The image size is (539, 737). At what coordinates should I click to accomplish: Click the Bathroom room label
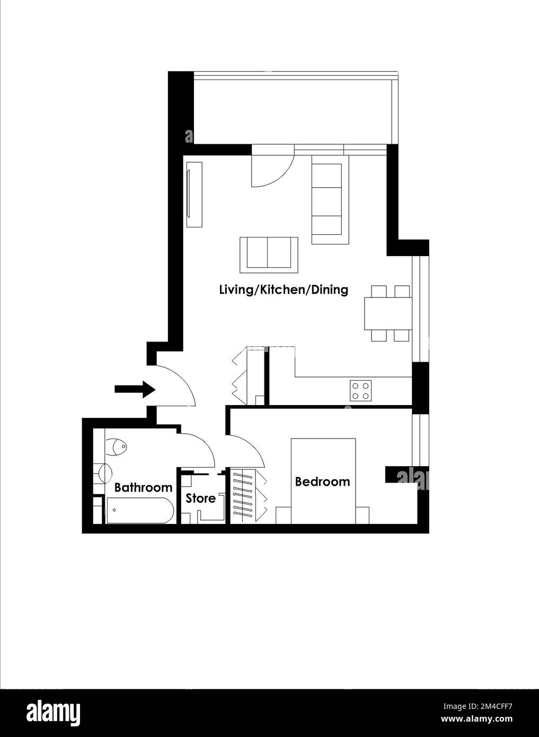click(143, 487)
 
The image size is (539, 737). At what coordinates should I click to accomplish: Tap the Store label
click(201, 498)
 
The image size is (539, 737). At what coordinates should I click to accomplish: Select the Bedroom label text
click(322, 481)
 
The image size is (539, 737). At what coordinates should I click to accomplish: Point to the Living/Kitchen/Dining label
click(284, 290)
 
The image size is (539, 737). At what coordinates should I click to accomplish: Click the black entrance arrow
click(135, 389)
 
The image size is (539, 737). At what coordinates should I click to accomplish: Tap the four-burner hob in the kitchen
click(361, 390)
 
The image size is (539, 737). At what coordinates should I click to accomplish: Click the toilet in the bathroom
click(116, 446)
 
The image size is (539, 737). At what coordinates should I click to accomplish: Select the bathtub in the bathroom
click(139, 510)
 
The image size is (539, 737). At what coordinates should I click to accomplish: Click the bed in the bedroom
click(323, 481)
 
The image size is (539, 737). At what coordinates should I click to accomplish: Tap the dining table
click(388, 313)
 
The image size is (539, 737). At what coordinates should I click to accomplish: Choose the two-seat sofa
click(269, 255)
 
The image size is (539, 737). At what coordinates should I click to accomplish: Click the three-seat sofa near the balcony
click(330, 204)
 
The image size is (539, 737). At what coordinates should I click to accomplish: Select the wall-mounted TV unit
click(194, 195)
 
